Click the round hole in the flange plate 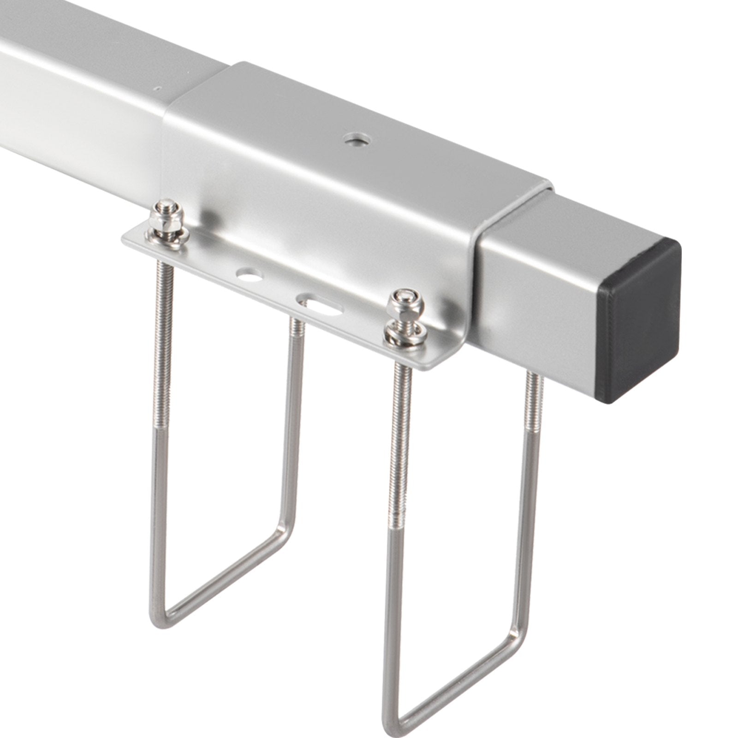(x=248, y=276)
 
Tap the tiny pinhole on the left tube (x=158, y=86)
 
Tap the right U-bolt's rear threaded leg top (x=533, y=383)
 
